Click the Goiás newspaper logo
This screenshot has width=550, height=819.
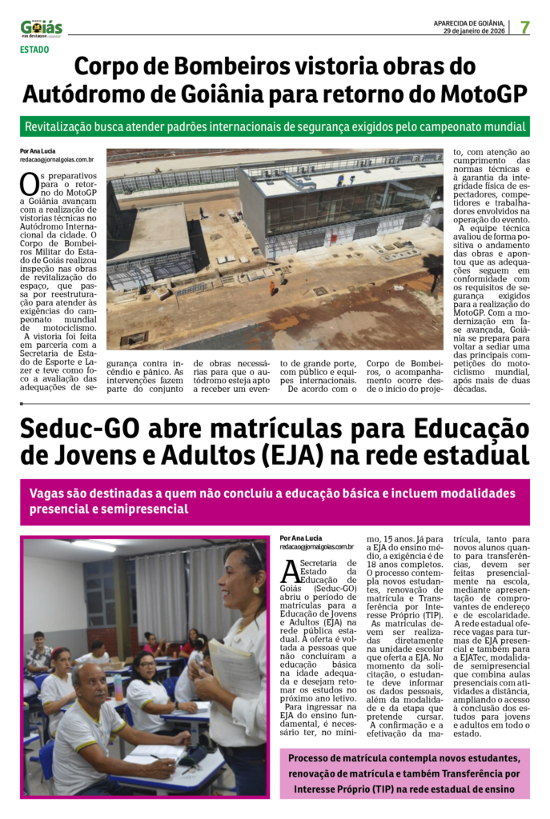[41, 28]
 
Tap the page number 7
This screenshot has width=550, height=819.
[525, 27]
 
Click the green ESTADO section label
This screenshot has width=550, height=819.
[34, 50]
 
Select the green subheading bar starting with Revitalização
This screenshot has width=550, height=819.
[275, 126]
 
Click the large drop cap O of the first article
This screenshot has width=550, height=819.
[29, 185]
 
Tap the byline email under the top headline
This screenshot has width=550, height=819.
[57, 160]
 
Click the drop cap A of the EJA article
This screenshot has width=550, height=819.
[290, 573]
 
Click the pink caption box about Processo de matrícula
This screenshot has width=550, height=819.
[404, 773]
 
